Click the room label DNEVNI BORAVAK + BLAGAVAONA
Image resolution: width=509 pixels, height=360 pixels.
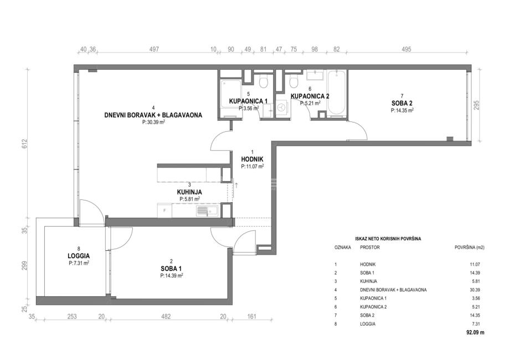(x=153, y=115)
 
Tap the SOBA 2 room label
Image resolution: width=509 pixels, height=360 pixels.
(x=402, y=103)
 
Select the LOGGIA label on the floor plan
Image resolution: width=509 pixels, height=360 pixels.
(x=79, y=256)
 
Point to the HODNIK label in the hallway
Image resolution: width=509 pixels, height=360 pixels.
(x=252, y=160)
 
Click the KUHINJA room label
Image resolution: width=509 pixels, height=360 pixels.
(x=189, y=193)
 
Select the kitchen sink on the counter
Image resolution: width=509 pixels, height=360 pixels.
(x=203, y=212)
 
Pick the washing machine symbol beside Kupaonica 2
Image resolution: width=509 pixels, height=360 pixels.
(x=283, y=107)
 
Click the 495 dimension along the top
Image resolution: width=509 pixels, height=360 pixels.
(x=406, y=49)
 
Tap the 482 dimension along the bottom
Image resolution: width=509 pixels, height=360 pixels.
(x=166, y=316)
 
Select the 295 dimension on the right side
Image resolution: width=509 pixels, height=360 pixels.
(x=476, y=105)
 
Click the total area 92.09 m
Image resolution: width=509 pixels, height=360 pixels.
(x=474, y=332)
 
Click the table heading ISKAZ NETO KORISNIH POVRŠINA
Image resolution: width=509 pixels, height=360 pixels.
(x=388, y=239)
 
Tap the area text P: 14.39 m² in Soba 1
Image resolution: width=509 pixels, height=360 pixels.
(x=171, y=276)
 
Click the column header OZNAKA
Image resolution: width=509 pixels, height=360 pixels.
(x=343, y=248)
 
